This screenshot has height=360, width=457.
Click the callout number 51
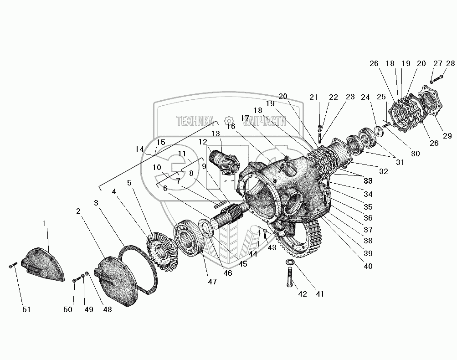(27, 310)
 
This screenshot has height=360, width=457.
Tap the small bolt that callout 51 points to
(12, 264)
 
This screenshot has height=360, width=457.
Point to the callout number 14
(139, 149)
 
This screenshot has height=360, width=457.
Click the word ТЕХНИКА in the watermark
(195, 121)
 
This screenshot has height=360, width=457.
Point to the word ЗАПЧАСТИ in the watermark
(265, 121)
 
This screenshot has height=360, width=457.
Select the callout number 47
(212, 282)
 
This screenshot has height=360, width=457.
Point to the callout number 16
(231, 126)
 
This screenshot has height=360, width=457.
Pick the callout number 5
(129, 183)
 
